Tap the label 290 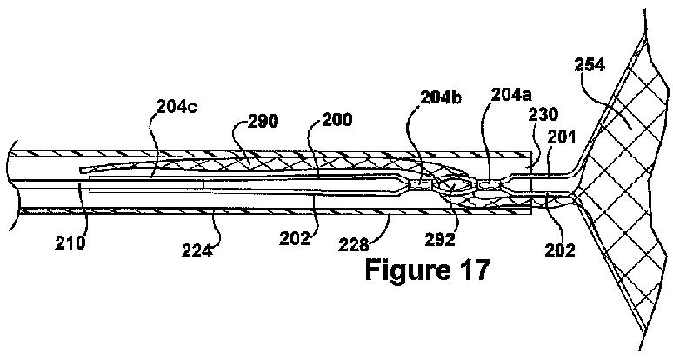pyautogui.click(x=260, y=122)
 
